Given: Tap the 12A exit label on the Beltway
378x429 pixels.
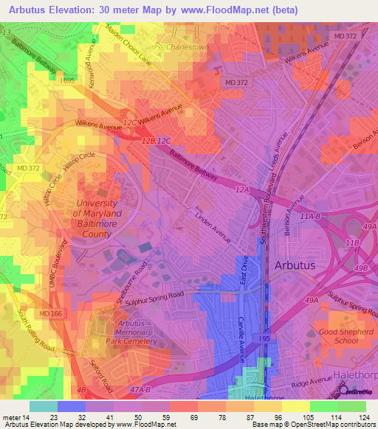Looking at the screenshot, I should click(x=243, y=189).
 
